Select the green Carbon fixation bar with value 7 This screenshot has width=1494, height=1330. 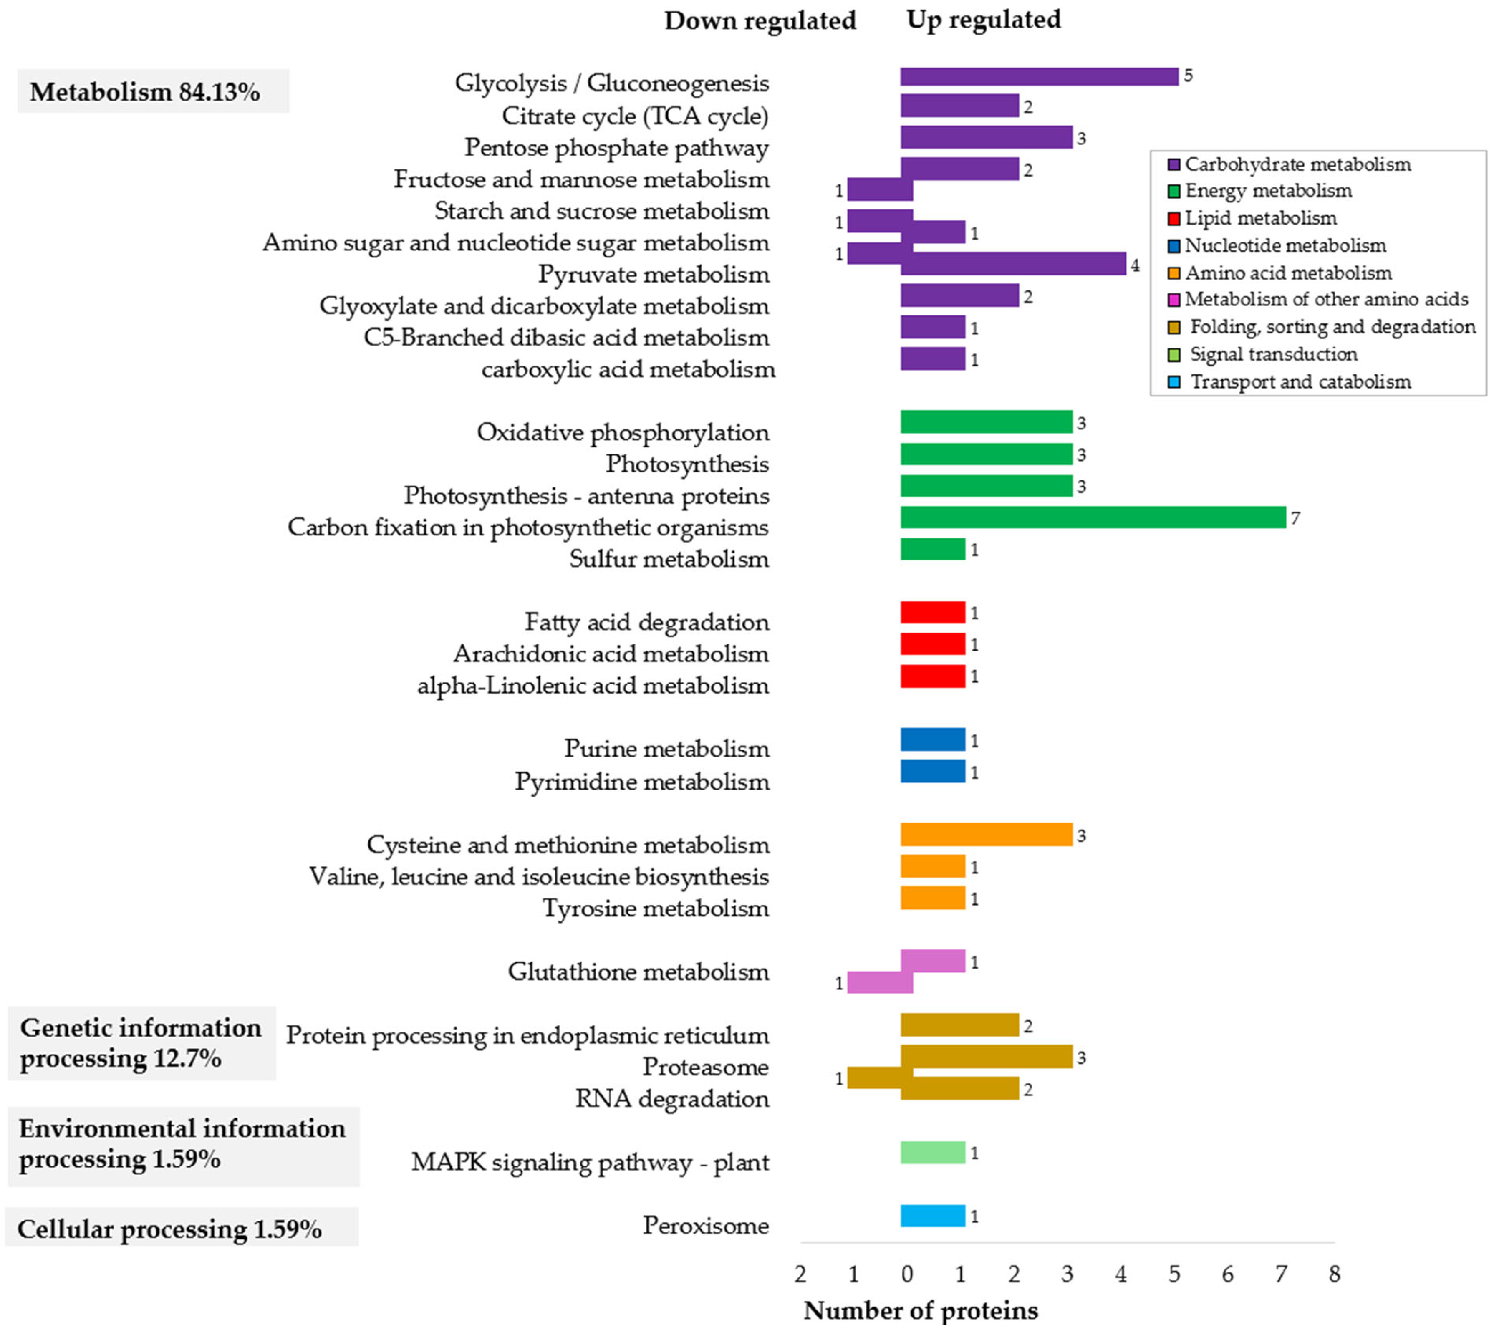pyautogui.click(x=1093, y=517)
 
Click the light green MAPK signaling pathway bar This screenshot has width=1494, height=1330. pyautogui.click(x=933, y=1152)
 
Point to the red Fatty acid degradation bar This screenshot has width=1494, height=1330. pyautogui.click(x=933, y=612)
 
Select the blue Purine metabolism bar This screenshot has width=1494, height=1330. pyautogui.click(x=933, y=739)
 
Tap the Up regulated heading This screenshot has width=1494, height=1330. pyautogui.click(x=983, y=20)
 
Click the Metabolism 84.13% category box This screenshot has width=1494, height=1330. pyautogui.click(x=153, y=91)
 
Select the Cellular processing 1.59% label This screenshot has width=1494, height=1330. pyautogui.click(x=169, y=1229)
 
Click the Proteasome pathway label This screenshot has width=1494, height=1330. pyautogui.click(x=705, y=1067)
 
